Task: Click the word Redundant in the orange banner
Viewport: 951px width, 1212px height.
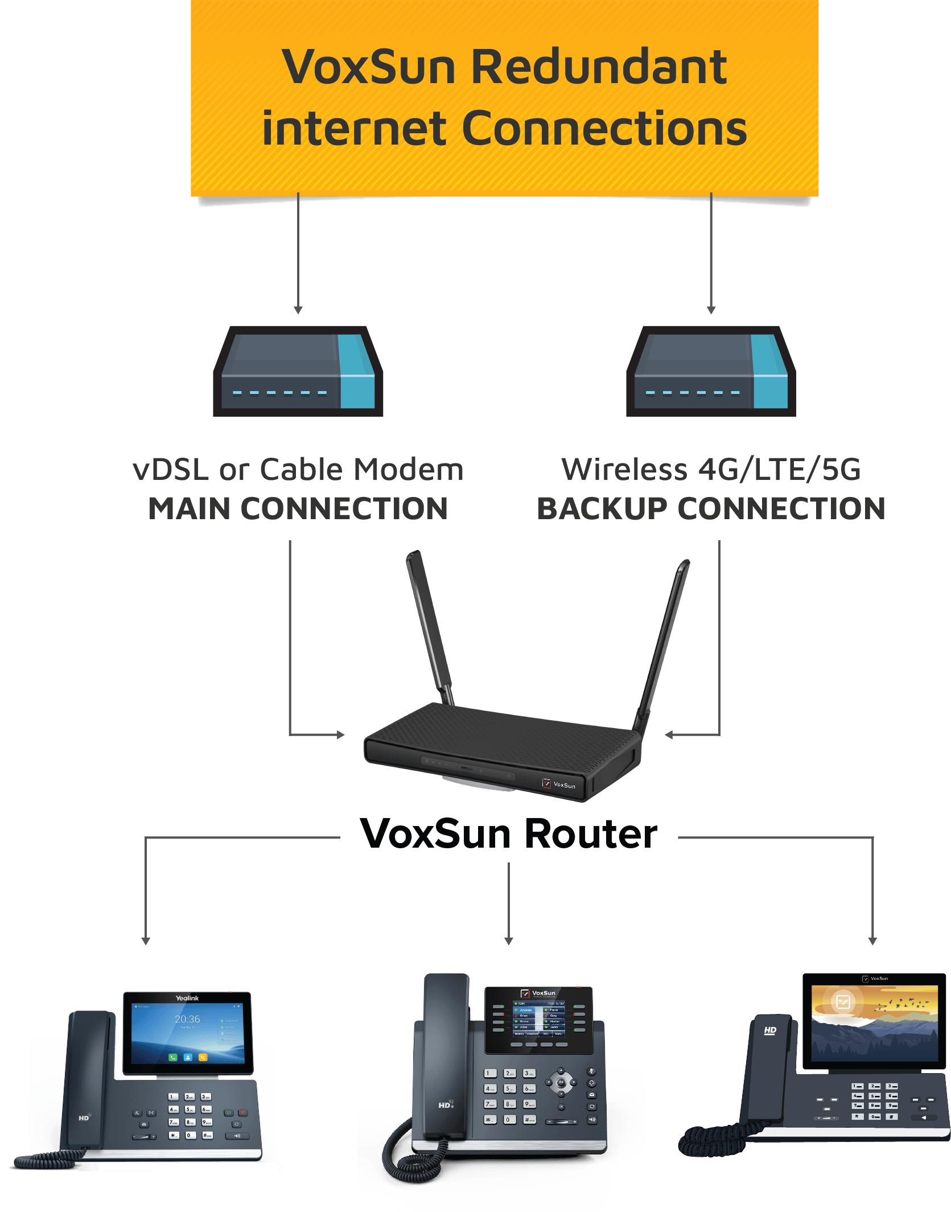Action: [599, 67]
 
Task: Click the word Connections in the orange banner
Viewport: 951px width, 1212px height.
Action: [604, 129]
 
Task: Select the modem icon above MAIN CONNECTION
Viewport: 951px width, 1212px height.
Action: [298, 371]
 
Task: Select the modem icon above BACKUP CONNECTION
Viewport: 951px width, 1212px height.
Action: [711, 371]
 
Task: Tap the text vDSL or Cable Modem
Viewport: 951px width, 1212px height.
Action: [298, 470]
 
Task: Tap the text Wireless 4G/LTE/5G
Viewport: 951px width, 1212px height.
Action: [711, 470]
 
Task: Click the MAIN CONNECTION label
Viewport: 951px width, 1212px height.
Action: [298, 508]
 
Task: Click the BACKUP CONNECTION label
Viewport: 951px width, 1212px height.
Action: [711, 508]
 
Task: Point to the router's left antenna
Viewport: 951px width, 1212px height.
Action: [429, 626]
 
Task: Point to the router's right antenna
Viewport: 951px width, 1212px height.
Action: [665, 643]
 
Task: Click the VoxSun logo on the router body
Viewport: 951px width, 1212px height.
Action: [559, 784]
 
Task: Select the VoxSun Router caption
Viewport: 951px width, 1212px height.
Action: [509, 835]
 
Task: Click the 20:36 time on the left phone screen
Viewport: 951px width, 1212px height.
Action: [187, 1019]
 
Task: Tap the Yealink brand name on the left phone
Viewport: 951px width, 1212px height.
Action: [187, 998]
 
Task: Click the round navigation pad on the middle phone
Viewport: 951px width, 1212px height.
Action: [561, 1082]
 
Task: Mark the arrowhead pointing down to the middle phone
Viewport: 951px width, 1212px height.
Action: [509, 941]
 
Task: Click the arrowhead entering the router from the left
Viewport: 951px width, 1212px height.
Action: [341, 735]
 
